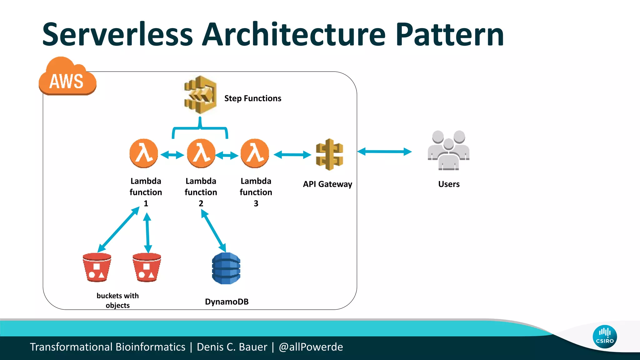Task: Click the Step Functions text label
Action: (252, 98)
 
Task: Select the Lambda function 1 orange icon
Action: (143, 153)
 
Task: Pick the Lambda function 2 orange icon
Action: (201, 153)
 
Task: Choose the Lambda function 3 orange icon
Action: (255, 153)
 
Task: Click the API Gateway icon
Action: (329, 154)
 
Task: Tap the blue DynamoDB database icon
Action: (226, 268)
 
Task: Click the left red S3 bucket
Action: (97, 267)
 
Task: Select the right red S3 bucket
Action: (147, 267)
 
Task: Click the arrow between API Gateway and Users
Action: (384, 152)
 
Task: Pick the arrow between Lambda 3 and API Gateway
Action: (292, 154)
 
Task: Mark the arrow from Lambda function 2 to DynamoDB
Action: (213, 230)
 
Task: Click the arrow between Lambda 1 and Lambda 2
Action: (172, 155)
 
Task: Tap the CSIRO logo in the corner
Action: (605, 337)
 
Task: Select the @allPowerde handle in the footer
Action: (311, 347)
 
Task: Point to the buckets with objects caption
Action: (117, 300)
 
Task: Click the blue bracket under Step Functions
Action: (200, 128)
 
